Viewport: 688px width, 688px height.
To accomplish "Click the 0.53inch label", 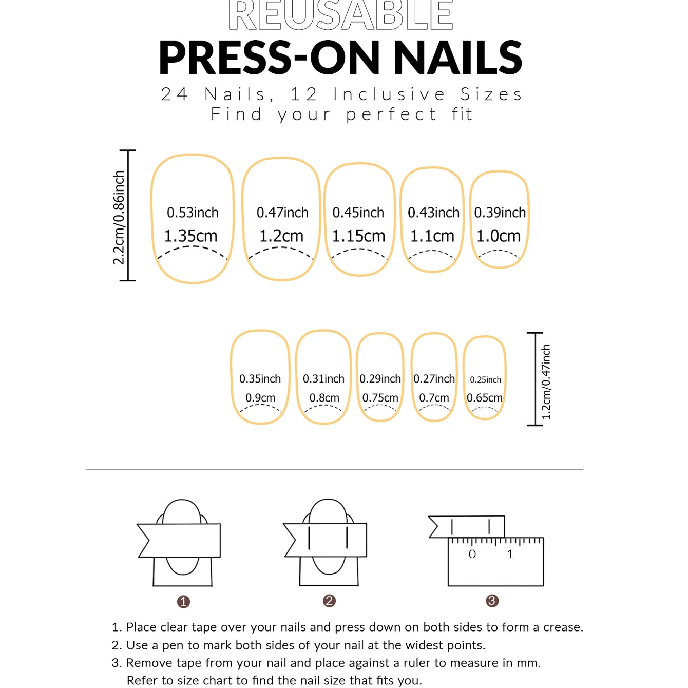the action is point(193,213).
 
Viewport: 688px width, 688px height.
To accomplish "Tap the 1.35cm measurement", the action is point(190,236).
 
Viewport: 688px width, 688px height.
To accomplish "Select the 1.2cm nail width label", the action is point(281,236).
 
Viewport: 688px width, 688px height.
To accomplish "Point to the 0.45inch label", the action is point(358,213).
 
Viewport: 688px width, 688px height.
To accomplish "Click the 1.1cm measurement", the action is point(432,236).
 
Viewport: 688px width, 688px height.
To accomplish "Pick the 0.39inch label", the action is point(500,213).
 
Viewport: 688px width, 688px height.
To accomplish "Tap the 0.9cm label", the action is point(260,397).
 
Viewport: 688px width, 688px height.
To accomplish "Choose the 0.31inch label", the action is point(323,378).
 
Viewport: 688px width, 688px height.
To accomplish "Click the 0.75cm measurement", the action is point(380,397).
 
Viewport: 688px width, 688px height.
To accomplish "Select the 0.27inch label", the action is point(434,378).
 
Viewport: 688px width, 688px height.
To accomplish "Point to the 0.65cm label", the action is point(485,397).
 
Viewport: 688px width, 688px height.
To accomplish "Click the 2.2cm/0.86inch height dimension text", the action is point(119,217).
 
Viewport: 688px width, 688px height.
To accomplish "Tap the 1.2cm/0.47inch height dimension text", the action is point(546,381).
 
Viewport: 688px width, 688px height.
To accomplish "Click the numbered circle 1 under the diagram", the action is point(183,602).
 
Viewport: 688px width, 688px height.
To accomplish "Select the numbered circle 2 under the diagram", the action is point(329,601).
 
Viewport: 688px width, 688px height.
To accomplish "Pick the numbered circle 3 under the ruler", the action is point(492,601).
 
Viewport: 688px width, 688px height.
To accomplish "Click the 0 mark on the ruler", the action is point(472,554).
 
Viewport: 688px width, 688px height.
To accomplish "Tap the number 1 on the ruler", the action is point(510,554).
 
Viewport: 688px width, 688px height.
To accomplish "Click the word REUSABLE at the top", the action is point(340,15).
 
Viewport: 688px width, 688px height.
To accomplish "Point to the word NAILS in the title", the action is point(458,58).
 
